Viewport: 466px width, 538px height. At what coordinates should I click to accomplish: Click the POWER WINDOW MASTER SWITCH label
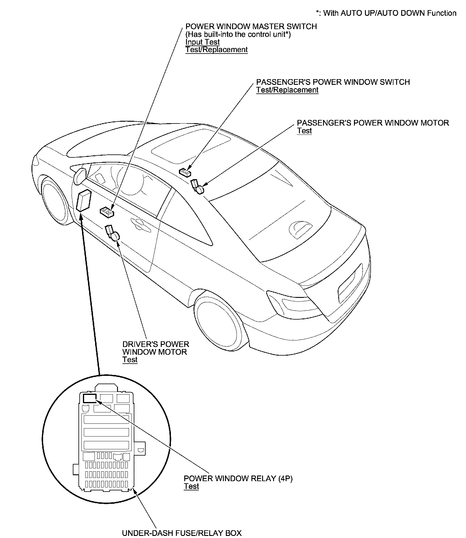pos(251,26)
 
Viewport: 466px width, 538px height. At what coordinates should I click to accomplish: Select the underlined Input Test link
pos(202,42)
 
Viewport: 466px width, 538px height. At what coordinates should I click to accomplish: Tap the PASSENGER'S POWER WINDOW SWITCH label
pos(333,82)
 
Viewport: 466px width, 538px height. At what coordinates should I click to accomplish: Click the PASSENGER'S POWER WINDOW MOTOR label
pos(373,123)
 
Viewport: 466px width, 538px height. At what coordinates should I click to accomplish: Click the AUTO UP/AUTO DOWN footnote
pos(386,13)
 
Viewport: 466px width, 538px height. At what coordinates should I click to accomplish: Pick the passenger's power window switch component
pos(185,172)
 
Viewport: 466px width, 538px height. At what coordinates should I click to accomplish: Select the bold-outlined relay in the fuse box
pos(90,398)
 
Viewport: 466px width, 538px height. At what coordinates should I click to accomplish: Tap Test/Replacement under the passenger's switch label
pos(287,90)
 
